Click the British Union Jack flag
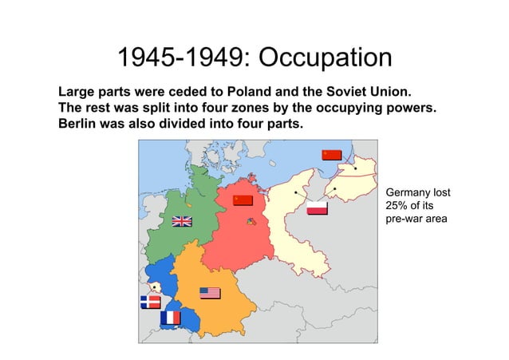[x=182, y=221]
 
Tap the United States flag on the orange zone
[x=210, y=293]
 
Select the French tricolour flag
[x=170, y=318]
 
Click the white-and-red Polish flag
[x=318, y=208]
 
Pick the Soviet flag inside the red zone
[x=243, y=200]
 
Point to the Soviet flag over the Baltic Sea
[x=331, y=155]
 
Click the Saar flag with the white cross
[x=150, y=302]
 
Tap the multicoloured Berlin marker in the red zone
[x=251, y=222]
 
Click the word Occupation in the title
[x=326, y=58]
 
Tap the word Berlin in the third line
[x=79, y=125]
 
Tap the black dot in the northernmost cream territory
[x=355, y=168]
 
